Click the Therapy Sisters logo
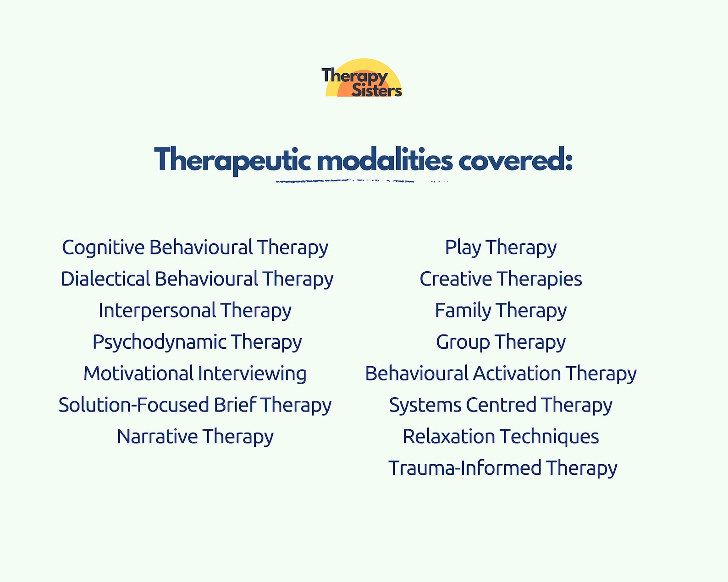click(x=363, y=79)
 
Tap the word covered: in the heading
click(x=515, y=160)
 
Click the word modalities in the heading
click(x=385, y=160)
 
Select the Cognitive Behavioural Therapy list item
click(x=195, y=247)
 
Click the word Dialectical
click(x=105, y=279)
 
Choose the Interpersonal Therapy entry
click(x=195, y=311)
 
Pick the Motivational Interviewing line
click(x=195, y=373)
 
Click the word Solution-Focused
click(x=133, y=405)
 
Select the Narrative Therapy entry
click(x=195, y=437)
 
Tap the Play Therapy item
click(x=501, y=247)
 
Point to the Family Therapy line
click(x=501, y=311)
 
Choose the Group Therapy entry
click(x=501, y=342)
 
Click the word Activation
click(x=517, y=373)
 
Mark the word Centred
click(x=501, y=405)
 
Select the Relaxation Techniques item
click(x=501, y=437)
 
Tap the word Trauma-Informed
click(x=465, y=468)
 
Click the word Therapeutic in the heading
click(x=232, y=160)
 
